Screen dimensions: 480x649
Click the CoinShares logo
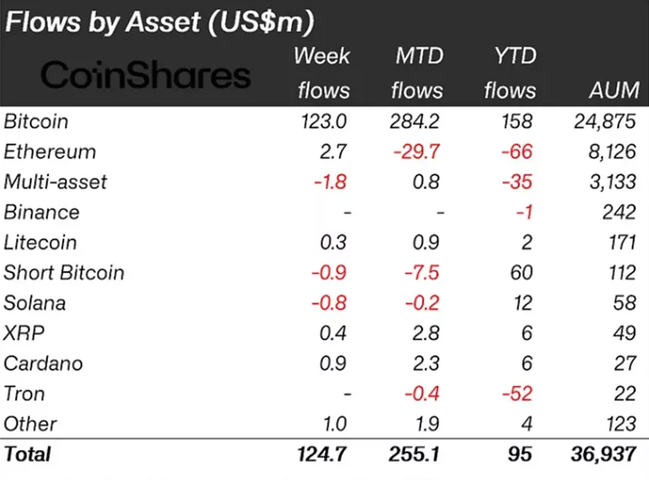coord(145,75)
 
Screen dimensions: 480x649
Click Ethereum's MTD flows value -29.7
coord(418,152)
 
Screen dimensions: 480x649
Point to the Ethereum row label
coord(50,152)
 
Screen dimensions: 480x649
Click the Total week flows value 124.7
coord(323,454)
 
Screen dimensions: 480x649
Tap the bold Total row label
coord(27,454)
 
